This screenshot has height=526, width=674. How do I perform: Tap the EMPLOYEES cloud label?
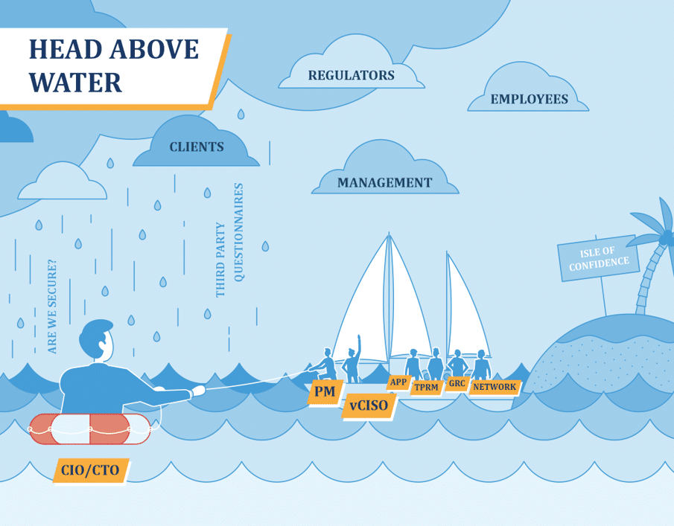pos(529,99)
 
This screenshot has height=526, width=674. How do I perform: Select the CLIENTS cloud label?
pos(197,147)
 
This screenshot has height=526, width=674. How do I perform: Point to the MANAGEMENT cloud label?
pos(384,182)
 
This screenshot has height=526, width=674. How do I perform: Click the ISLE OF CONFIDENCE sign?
pos(599,258)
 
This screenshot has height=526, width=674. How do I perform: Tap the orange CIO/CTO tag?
pos(90,470)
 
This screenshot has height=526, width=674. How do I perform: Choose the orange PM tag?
pos(324,391)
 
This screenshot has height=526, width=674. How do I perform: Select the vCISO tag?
pos(369,406)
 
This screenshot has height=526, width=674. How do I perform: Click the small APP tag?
pos(398,382)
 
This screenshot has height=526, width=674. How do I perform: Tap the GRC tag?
pos(457,384)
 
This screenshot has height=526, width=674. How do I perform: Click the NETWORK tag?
pos(494,387)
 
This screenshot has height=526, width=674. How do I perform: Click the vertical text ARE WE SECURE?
pos(51,306)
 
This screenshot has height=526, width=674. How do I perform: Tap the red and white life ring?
pos(89,429)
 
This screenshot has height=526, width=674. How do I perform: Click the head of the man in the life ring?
pos(98,341)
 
